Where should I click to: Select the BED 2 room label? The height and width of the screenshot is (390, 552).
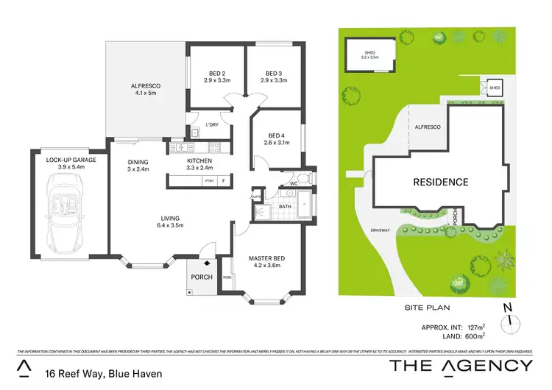coord(214,74)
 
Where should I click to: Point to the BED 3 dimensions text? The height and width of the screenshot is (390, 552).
coord(274,80)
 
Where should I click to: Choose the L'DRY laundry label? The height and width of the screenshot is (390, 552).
coord(212,124)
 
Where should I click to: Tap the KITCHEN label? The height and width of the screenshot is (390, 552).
coord(199,161)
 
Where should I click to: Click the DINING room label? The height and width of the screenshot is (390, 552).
coord(138,162)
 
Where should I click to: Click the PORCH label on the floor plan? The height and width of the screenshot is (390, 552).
coord(201,277)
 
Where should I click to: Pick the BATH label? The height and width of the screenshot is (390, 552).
coord(285,207)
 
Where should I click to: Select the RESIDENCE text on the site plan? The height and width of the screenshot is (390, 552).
coord(440,182)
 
